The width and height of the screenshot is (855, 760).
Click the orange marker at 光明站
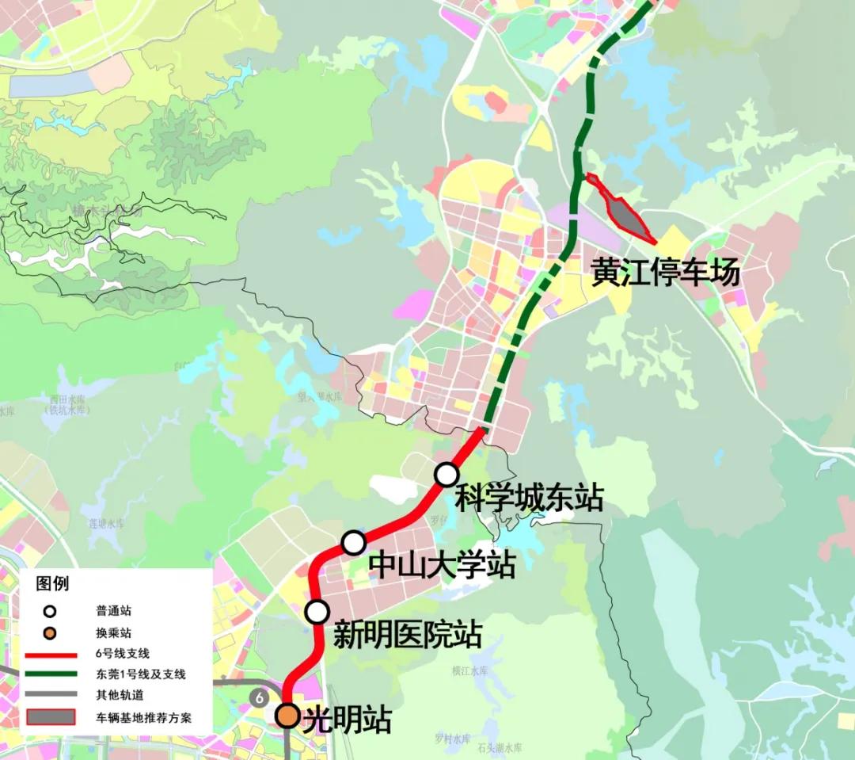point(287,716)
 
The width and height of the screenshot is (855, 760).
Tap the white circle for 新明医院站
point(317,612)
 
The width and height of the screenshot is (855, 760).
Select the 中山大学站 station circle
point(353,543)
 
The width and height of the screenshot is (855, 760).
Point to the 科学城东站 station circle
point(446,475)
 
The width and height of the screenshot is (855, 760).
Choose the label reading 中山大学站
point(442,566)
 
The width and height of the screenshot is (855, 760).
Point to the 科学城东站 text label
point(529,498)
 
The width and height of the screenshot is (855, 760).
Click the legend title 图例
point(52,584)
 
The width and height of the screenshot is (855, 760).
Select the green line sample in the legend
point(51,674)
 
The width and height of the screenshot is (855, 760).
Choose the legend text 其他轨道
point(120,695)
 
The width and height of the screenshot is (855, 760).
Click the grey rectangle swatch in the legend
point(51,717)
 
